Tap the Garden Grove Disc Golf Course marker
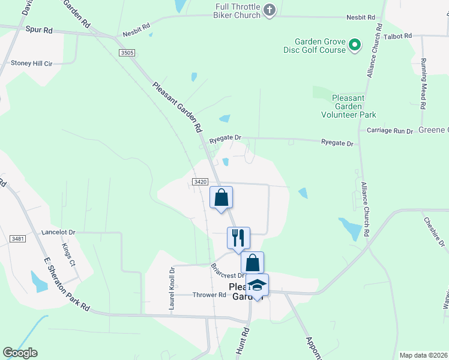tap(354, 44)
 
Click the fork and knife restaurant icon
tap(238, 238)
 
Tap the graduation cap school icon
tap(257, 286)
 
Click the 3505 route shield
tap(127, 53)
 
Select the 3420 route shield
tap(200, 182)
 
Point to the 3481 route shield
tap(18, 239)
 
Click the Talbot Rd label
tap(399, 36)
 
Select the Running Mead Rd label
tap(423, 83)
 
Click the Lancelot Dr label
tap(58, 232)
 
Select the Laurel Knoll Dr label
tap(172, 289)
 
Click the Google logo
tap(20, 353)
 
